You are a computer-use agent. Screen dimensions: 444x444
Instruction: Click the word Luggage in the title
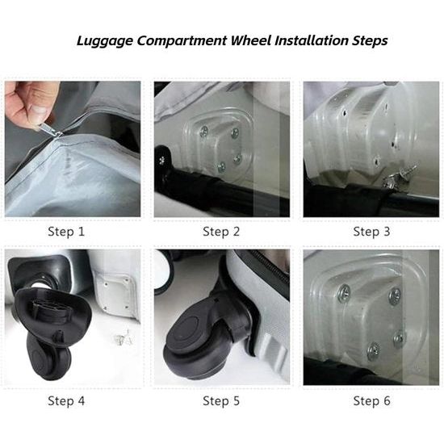click(104, 41)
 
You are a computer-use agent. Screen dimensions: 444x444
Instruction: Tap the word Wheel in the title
click(251, 40)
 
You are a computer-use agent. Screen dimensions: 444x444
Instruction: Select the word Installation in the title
click(312, 40)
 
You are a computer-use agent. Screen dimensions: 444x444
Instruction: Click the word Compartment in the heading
click(182, 41)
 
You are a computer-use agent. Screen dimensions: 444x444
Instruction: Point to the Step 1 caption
click(66, 232)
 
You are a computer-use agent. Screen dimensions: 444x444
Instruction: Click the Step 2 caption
click(221, 232)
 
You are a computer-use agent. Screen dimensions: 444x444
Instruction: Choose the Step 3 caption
click(371, 232)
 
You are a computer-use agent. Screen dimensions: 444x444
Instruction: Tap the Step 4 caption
click(66, 400)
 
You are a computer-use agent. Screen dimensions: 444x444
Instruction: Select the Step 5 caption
click(221, 400)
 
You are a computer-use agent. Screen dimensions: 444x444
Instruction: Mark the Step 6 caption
click(371, 400)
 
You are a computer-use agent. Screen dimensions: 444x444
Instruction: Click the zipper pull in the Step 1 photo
click(49, 130)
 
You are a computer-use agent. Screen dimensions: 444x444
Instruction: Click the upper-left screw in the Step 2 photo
click(204, 131)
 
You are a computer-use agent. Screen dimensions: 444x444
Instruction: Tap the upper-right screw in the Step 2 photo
click(235, 133)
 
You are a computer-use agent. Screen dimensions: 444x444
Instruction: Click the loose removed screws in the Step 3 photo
click(400, 177)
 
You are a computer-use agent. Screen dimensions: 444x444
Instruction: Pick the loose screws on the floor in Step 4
click(124, 337)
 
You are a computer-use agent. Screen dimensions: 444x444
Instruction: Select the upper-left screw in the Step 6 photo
click(344, 292)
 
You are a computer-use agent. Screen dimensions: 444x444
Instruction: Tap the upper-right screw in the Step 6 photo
click(395, 296)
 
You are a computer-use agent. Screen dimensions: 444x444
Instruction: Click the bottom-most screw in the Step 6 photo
click(374, 351)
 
